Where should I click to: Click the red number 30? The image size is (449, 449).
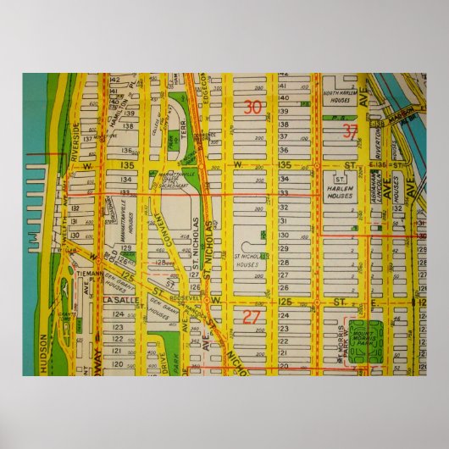(x=252, y=108)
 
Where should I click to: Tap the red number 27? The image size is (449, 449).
(x=252, y=317)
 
